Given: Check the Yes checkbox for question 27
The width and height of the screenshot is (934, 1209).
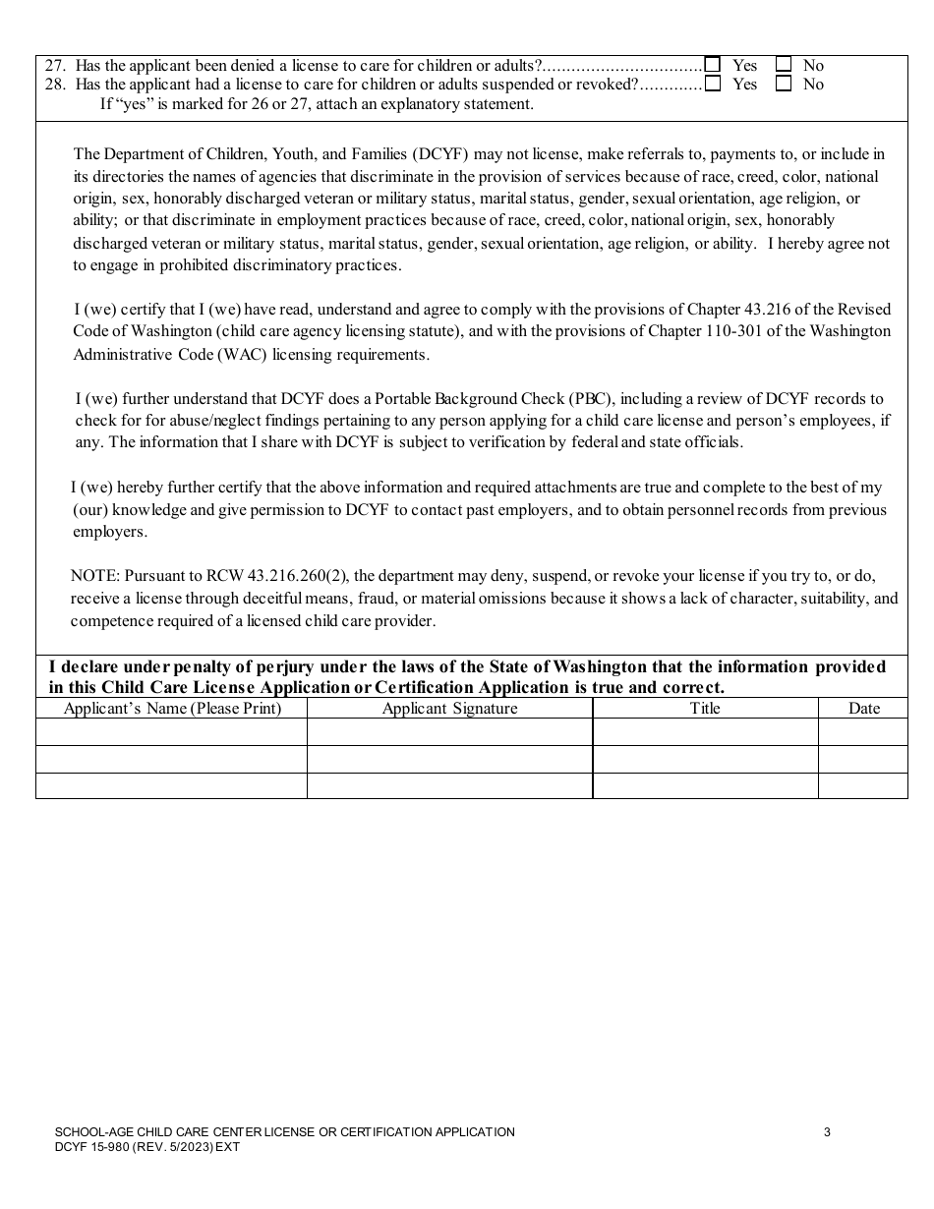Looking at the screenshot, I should (x=713, y=65).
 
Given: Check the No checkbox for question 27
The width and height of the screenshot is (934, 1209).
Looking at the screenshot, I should (x=784, y=65).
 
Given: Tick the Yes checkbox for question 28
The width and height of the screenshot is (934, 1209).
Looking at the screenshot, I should (x=713, y=84).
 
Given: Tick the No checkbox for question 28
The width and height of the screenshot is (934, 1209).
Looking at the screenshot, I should (x=784, y=84).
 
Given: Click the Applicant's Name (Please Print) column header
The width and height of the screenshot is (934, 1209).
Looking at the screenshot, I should (x=172, y=708).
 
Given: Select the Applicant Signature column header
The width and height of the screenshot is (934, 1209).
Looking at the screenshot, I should (x=449, y=708).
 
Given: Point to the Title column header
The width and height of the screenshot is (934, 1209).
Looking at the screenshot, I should (x=705, y=708).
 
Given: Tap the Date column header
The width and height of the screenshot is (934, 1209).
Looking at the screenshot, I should (x=863, y=708).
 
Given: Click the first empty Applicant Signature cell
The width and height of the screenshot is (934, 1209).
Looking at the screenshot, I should (x=449, y=732).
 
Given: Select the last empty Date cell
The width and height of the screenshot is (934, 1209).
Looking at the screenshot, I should (x=863, y=785).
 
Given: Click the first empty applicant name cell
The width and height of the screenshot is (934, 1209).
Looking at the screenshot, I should (x=172, y=732).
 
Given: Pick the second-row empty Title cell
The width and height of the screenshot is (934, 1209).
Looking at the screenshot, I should (x=705, y=759).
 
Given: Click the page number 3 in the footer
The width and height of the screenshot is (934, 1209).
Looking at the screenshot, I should (x=827, y=1132).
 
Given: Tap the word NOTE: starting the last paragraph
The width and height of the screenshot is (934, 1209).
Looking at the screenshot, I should (x=95, y=576).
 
